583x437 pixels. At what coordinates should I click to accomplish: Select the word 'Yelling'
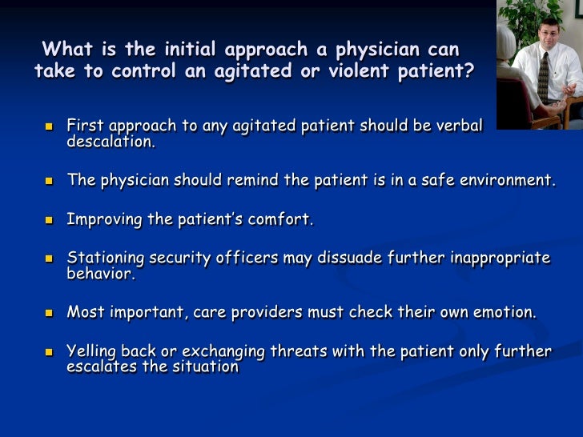click(x=94, y=351)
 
